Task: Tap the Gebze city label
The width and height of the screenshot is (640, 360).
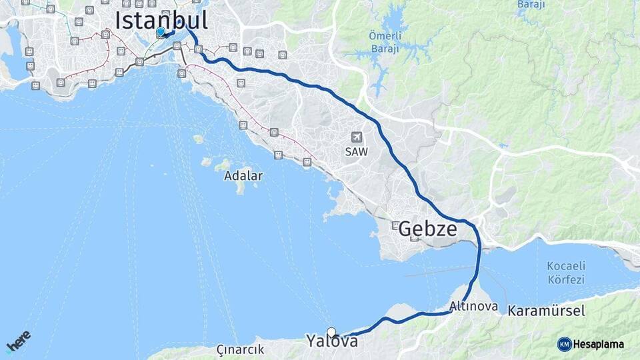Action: (427, 229)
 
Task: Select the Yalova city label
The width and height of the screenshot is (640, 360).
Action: (332, 341)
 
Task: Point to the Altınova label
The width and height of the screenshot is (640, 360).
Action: (473, 307)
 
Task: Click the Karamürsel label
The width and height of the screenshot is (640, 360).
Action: (546, 311)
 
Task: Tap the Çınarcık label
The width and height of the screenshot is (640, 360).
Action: (240, 349)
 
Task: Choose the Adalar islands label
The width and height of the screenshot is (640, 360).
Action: (243, 176)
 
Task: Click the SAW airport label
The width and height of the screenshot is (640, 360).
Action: (356, 151)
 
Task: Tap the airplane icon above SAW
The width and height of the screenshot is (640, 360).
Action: (357, 137)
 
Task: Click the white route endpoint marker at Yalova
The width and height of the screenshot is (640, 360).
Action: (331, 332)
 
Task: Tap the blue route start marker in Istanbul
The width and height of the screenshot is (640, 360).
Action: (160, 31)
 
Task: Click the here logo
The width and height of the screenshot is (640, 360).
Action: (18, 341)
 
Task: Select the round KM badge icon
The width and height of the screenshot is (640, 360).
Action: (564, 344)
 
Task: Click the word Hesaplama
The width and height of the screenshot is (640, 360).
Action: (599, 344)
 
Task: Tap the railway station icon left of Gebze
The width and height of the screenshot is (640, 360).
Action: (395, 225)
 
